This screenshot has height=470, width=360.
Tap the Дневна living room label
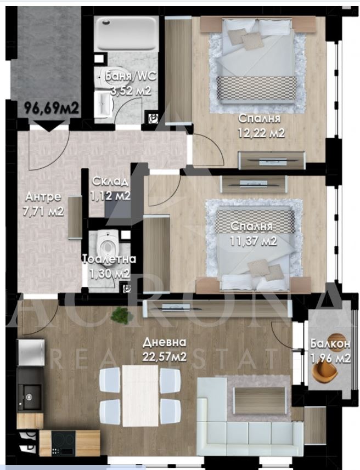[x=164, y=342]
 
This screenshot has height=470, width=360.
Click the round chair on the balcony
[x=328, y=375]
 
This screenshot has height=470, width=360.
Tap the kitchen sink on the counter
[x=27, y=392]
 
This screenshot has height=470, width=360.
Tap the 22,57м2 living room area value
[x=164, y=357]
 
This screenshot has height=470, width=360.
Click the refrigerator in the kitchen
[x=30, y=352]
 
